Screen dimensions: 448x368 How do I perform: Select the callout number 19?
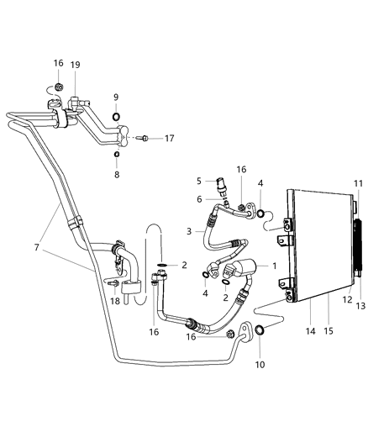coord(75,64)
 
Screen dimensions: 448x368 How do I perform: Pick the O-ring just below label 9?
coord(116,115)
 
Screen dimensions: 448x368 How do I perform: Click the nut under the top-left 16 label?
coord(59,87)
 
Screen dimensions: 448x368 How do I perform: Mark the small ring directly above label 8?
coord(116,154)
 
